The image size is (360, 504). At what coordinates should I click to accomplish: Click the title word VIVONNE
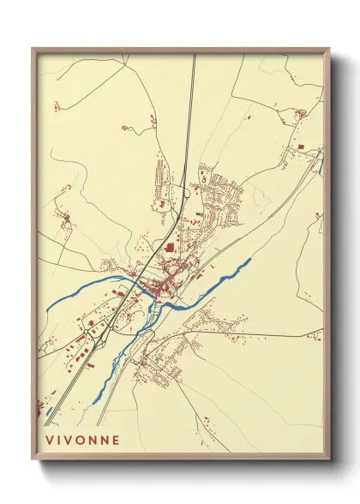[83, 439]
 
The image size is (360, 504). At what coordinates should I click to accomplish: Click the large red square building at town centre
[169, 248]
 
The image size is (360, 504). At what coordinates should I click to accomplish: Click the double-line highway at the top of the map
[193, 86]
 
